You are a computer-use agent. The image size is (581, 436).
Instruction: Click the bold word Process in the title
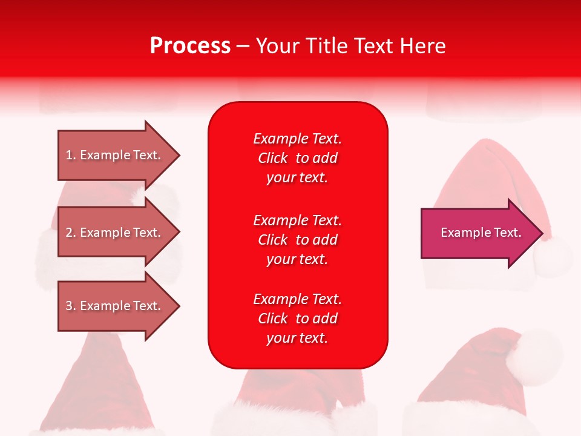pyautogui.click(x=190, y=46)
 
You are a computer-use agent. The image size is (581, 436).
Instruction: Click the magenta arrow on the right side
pyautogui.click(x=478, y=233)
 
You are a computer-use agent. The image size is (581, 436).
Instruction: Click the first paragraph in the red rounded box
pyautogui.click(x=297, y=158)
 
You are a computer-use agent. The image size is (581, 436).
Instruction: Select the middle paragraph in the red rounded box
pyautogui.click(x=297, y=240)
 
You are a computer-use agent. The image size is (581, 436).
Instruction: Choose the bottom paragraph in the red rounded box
pyautogui.click(x=297, y=319)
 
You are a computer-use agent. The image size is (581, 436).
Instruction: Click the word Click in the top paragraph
pyautogui.click(x=273, y=158)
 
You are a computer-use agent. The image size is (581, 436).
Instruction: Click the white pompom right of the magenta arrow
pyautogui.click(x=554, y=257)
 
